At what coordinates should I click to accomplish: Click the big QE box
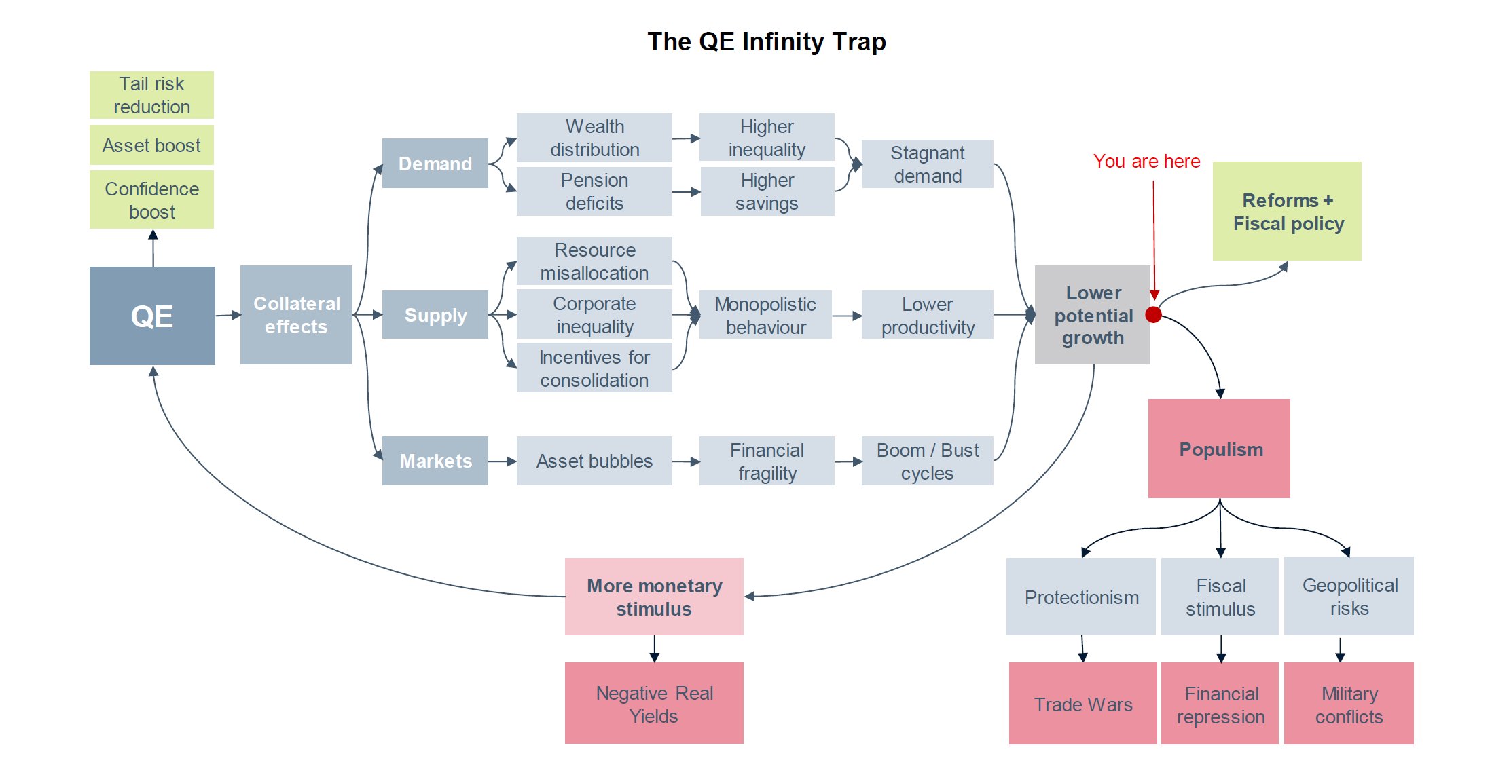(x=152, y=316)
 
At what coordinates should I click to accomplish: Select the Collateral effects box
(x=296, y=315)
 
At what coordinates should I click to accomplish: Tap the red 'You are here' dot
(x=1153, y=314)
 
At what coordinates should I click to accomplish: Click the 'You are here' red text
(x=1146, y=162)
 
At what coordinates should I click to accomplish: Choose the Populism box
(x=1219, y=449)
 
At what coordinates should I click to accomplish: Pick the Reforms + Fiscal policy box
(x=1287, y=211)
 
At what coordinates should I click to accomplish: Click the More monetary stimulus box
(x=654, y=597)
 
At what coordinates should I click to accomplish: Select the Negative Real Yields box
(x=654, y=703)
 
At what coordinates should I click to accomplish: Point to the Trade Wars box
(x=1082, y=704)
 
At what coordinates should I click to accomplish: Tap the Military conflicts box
(x=1349, y=704)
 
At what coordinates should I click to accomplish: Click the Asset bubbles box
(x=594, y=461)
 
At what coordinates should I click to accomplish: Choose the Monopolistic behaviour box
(x=765, y=315)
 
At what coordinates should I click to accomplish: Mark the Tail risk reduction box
(x=151, y=95)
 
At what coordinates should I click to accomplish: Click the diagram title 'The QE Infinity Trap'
(x=766, y=42)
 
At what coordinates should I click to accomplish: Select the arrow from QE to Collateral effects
(x=228, y=315)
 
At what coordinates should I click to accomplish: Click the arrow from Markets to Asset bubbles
(x=503, y=461)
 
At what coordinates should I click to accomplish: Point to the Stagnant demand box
(x=927, y=164)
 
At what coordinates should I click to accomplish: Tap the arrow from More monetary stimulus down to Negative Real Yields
(x=654, y=649)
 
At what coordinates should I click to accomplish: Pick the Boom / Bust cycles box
(x=927, y=461)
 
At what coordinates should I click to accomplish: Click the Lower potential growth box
(x=1092, y=315)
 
